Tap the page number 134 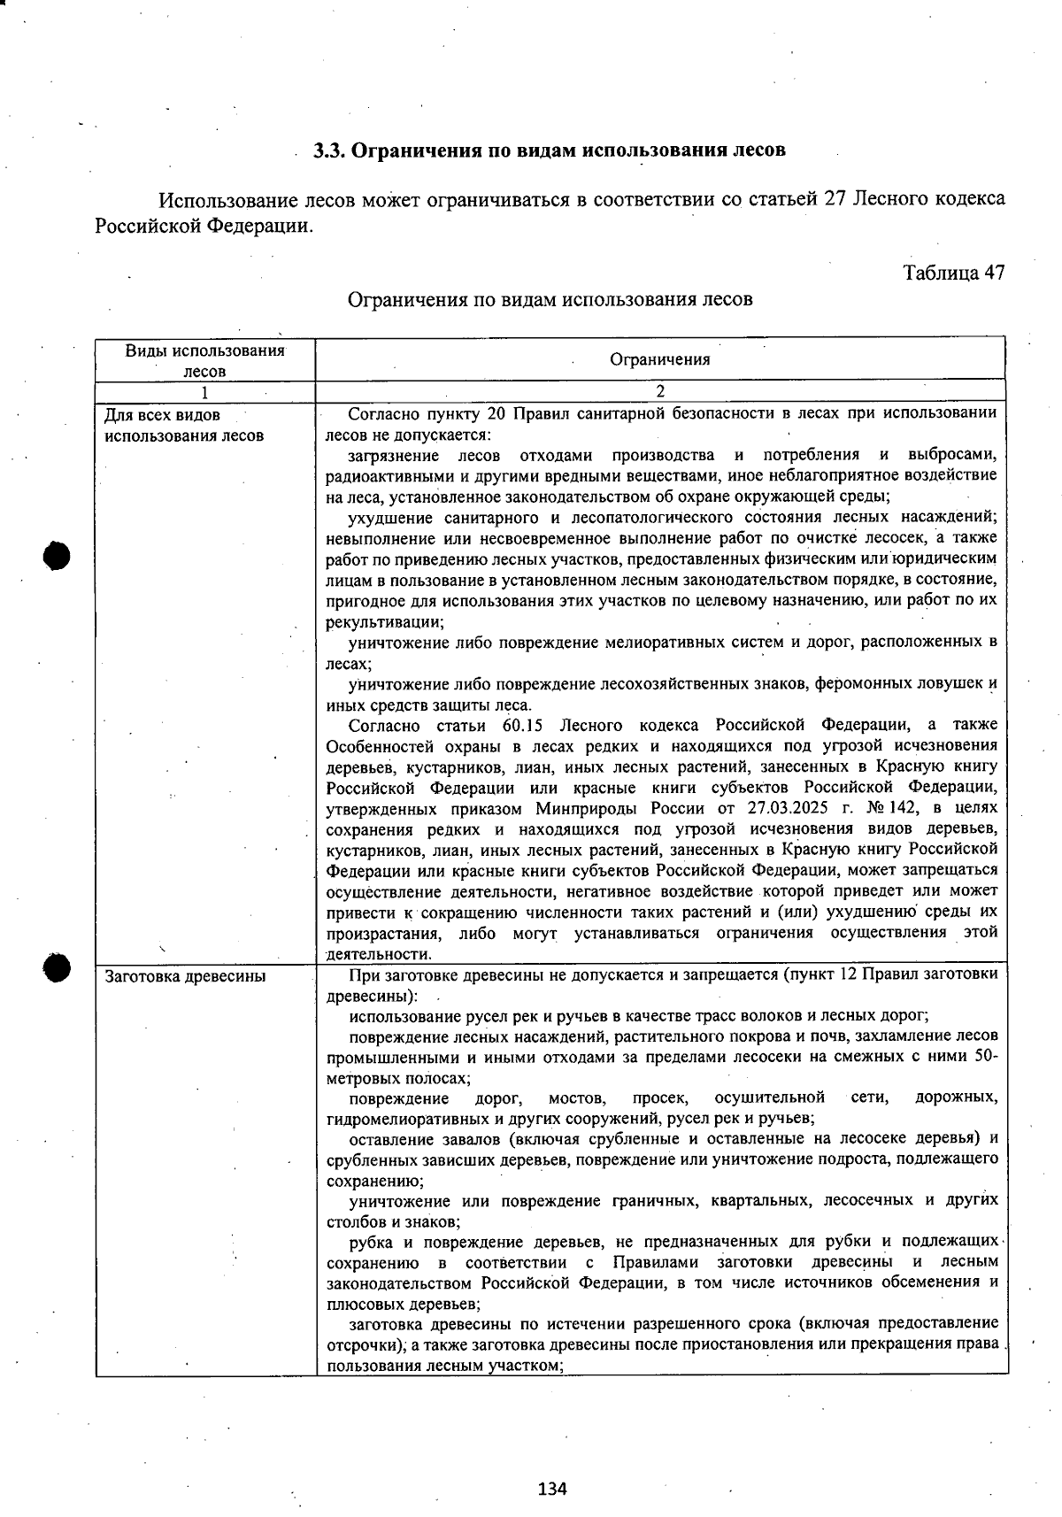tap(551, 1488)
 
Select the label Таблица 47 tap(953, 272)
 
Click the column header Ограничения tap(659, 359)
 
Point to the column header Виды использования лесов tap(204, 360)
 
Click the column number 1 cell tap(204, 391)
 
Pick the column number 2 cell tap(659, 391)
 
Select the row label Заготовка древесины tap(185, 977)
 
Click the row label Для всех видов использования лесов tap(183, 425)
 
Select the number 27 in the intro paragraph tap(835, 198)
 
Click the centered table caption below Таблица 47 tap(550, 299)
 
